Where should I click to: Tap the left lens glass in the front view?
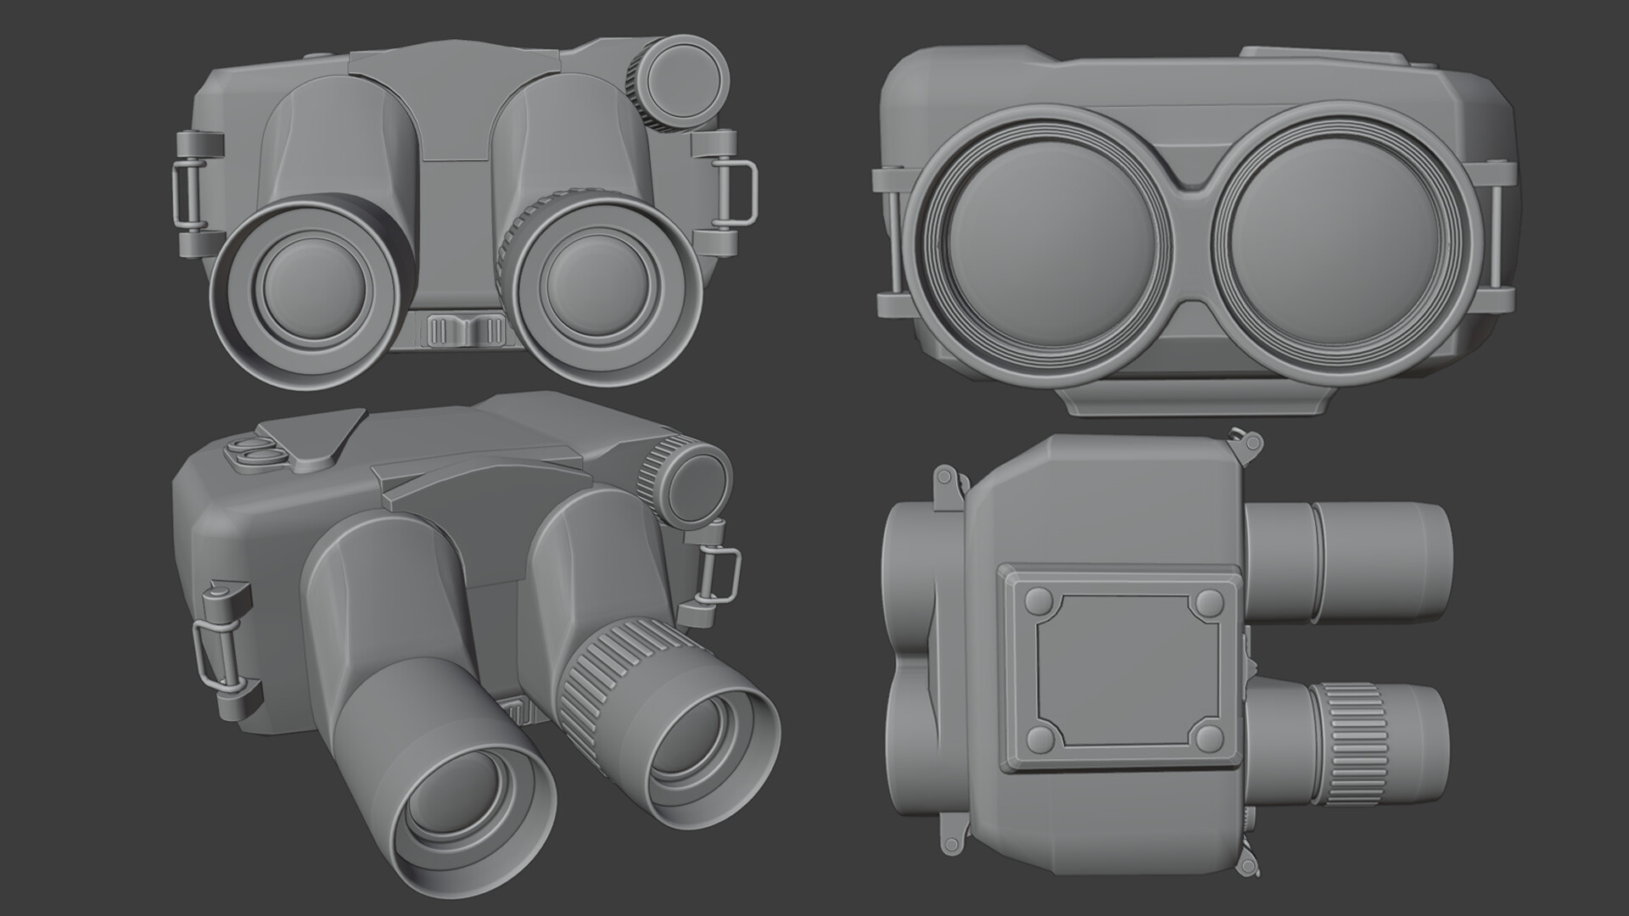coord(303,294)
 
